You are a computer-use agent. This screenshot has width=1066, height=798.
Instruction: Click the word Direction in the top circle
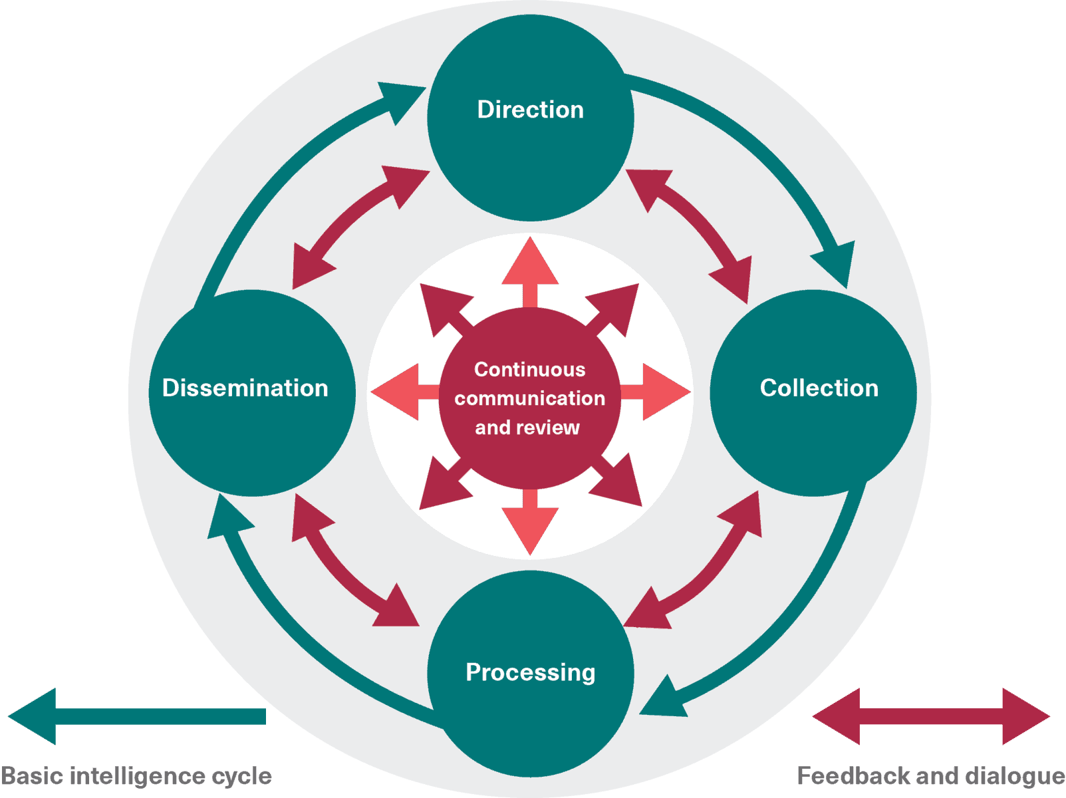530,110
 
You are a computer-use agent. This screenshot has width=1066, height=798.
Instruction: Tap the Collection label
819,388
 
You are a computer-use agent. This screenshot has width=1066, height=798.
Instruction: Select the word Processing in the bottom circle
530,672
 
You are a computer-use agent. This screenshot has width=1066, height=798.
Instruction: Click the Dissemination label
245,388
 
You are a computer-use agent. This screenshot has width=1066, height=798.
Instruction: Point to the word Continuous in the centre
529,369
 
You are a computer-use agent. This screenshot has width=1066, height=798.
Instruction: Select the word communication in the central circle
529,398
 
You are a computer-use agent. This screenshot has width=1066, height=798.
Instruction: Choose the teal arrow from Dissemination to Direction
279,173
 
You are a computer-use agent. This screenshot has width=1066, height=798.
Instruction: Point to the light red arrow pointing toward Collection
658,392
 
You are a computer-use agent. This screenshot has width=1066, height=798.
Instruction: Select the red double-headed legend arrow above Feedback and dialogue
931,716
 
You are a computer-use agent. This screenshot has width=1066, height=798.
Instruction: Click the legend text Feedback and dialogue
931,775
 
